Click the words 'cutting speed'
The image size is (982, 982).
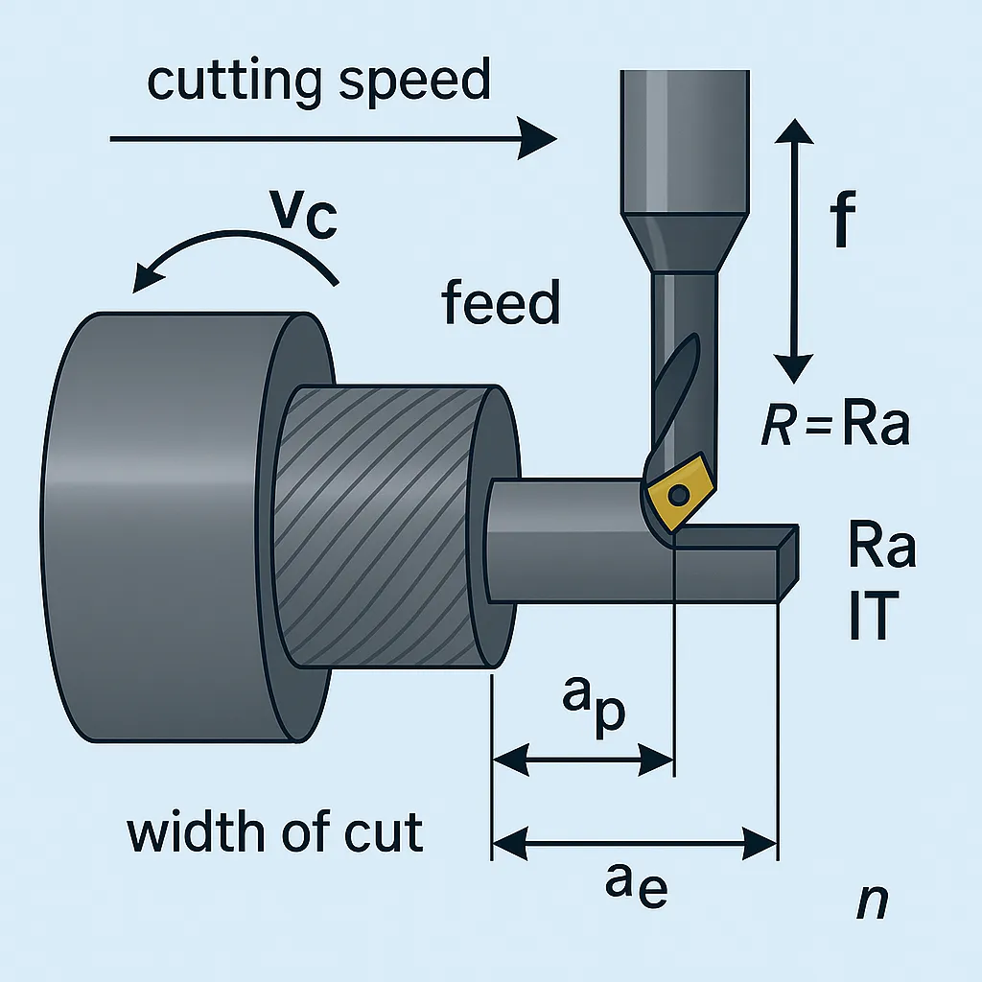pos(318,82)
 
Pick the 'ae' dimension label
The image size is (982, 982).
pos(636,885)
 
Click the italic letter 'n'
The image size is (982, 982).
pos(871,901)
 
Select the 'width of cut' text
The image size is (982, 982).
pos(275,831)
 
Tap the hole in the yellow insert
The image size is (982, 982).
pos(678,496)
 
